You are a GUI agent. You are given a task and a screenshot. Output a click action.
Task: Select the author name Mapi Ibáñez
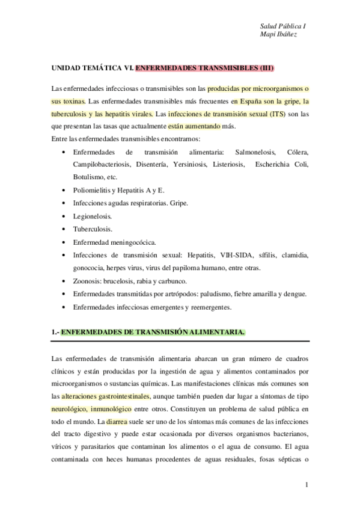pyautogui.click(x=278, y=35)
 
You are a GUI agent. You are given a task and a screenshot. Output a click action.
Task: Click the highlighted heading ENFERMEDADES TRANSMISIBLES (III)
pyautogui.click(x=205, y=69)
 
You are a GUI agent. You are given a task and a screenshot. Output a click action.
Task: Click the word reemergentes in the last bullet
pyautogui.click(x=209, y=307)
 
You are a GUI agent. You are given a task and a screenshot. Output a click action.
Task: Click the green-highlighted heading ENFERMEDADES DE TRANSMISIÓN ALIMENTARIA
pyautogui.click(x=153, y=331)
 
